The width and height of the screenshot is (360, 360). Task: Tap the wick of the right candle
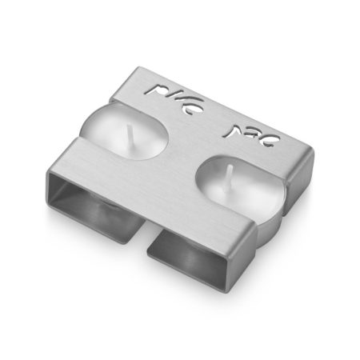tap(229, 170)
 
